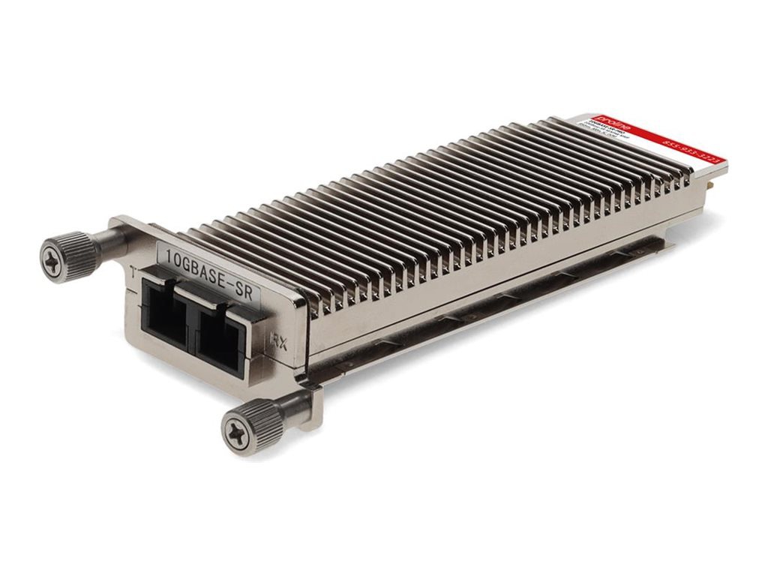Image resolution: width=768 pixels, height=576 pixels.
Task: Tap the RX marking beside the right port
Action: coord(277,343)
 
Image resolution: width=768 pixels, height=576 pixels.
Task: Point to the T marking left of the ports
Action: coord(133,274)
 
